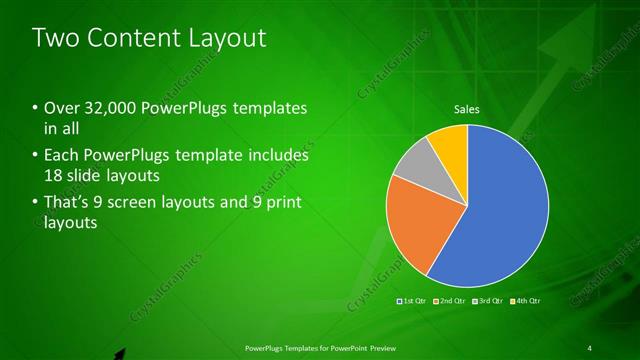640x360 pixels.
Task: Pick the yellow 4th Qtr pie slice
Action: (451, 143)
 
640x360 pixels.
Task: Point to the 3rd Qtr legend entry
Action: (488, 300)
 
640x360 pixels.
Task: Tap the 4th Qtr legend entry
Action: (525, 300)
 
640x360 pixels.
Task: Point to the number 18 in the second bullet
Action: (55, 176)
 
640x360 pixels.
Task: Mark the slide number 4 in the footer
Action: (590, 348)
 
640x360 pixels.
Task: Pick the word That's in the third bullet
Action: (68, 203)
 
